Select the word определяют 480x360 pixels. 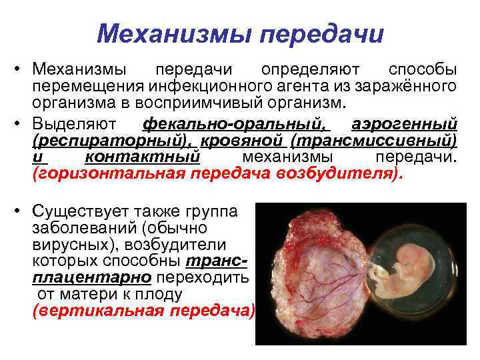coord(311,70)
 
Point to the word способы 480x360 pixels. coord(423,70)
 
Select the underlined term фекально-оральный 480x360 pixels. coord(237,124)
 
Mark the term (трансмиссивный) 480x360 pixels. coord(373,141)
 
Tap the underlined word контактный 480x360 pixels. coord(143,157)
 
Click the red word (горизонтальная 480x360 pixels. coord(111,174)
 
